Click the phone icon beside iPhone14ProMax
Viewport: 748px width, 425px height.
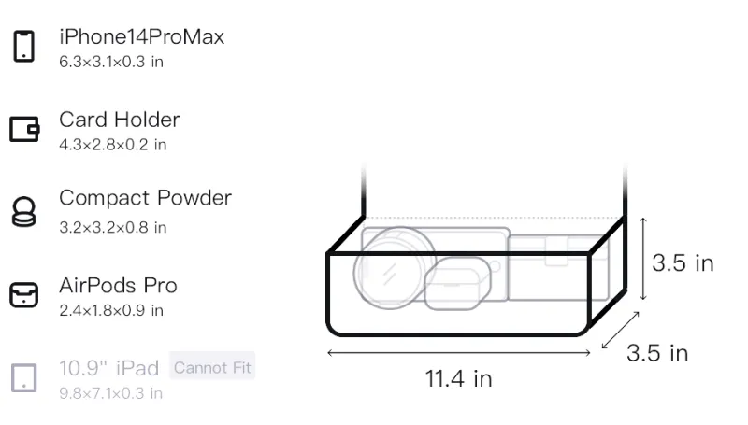coord(24,46)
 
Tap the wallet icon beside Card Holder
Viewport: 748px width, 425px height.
coord(24,129)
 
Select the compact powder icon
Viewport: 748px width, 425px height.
coord(24,211)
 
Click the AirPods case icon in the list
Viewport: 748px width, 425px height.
coord(24,294)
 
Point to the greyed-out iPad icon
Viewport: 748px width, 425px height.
coord(24,378)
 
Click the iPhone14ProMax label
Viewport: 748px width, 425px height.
coord(142,36)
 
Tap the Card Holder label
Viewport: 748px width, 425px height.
coord(120,120)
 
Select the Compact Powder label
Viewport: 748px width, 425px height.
coord(146,198)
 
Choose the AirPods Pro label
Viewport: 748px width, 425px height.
coord(119,286)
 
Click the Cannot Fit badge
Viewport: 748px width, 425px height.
coord(212,367)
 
